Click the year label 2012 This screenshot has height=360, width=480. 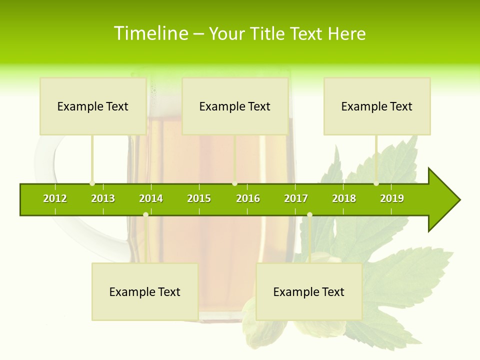55,198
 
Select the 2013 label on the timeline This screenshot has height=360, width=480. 103,198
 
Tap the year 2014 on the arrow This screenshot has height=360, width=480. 151,198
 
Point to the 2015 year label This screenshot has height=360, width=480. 199,198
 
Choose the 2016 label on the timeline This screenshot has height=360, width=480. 248,198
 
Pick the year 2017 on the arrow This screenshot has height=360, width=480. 296,198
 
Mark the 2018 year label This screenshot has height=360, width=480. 344,198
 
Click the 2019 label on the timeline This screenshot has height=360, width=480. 392,198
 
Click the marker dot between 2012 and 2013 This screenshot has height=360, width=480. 92,183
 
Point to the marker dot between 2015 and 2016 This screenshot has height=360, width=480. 234,183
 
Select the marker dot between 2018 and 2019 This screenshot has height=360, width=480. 376,183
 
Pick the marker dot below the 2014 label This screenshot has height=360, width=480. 145,214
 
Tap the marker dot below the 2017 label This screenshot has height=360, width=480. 309,214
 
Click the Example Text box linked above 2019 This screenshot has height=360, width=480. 377,106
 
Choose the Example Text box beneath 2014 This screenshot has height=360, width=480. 145,292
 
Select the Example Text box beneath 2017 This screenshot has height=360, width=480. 309,292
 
